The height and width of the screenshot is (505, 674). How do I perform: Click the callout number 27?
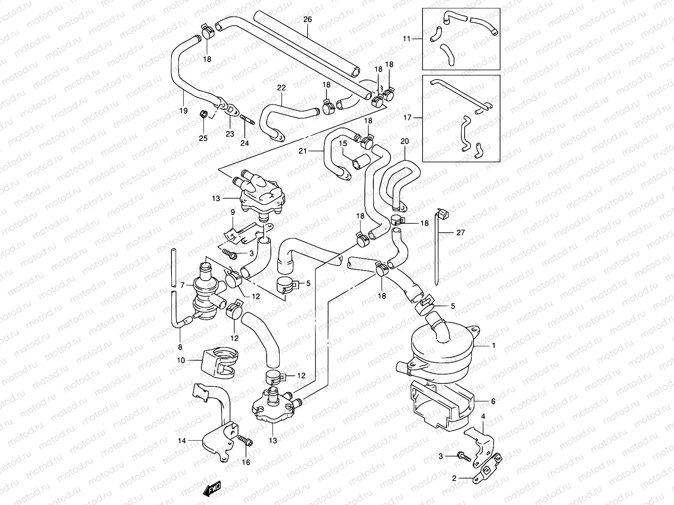460,232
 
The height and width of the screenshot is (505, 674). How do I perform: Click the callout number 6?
493,401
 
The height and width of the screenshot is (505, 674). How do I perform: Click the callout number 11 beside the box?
406,38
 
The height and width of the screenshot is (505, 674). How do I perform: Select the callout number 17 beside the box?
407,118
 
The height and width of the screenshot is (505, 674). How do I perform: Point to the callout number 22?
281,88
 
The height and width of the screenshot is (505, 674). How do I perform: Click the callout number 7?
182,285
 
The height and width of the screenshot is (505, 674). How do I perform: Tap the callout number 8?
180,347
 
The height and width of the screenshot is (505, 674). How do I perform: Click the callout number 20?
404,141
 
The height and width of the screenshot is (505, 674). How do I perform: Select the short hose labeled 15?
361,162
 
